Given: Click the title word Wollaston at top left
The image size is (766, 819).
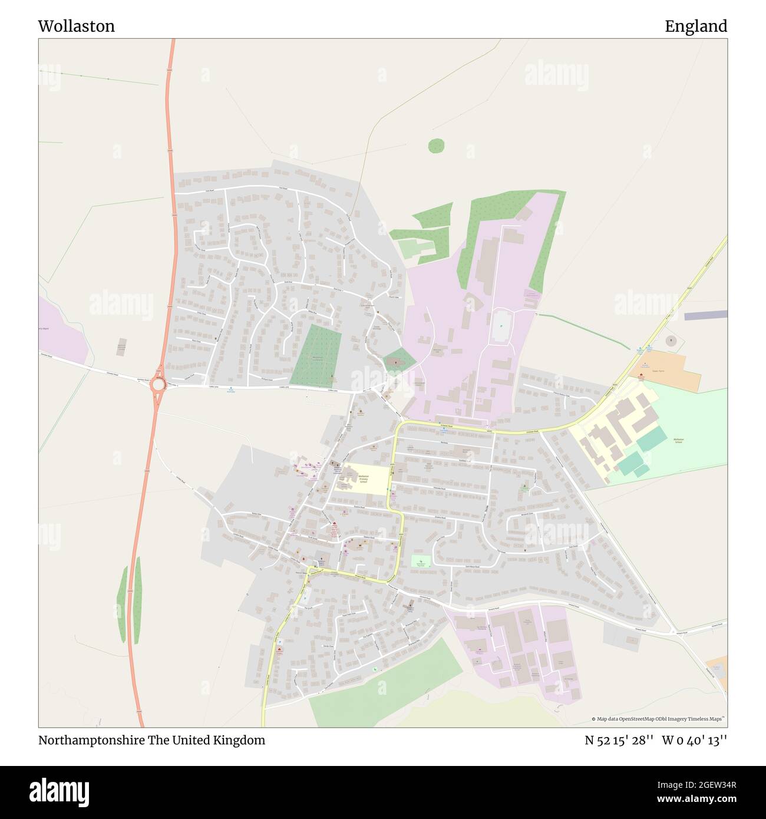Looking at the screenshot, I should [x=77, y=26].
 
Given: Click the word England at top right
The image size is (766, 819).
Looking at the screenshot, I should [x=696, y=26].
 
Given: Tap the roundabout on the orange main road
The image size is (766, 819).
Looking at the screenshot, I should [x=158, y=385].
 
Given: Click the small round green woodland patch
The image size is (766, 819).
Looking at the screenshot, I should [x=436, y=145].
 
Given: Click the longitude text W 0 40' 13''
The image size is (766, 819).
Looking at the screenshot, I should [x=694, y=741].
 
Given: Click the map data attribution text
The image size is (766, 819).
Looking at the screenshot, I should [x=658, y=719].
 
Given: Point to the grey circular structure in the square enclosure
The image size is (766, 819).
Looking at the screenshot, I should [x=671, y=341].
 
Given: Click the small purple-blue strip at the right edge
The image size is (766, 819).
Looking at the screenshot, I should [x=705, y=316].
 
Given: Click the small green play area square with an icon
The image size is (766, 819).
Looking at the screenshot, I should [x=421, y=561].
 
